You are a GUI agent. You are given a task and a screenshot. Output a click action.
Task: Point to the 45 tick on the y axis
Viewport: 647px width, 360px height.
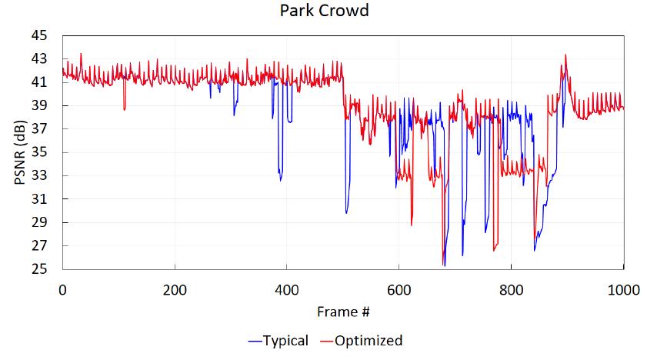(x=40, y=35)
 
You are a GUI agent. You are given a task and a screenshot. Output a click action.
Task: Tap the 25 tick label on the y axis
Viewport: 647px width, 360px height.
(x=40, y=269)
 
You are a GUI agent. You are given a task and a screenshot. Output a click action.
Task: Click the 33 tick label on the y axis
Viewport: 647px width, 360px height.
(x=40, y=175)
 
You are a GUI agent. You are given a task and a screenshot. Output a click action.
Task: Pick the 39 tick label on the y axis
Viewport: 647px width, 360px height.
(x=40, y=105)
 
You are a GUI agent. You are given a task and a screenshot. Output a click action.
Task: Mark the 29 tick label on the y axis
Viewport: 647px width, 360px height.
(x=40, y=222)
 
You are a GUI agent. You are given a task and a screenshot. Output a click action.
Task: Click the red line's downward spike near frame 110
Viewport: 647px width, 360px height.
(x=124, y=109)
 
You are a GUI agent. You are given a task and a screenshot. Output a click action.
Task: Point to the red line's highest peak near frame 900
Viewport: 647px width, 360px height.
(x=566, y=55)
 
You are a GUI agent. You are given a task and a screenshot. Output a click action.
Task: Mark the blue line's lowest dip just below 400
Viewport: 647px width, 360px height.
(x=281, y=180)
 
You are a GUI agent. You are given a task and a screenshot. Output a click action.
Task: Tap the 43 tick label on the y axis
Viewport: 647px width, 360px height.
(x=40, y=58)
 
